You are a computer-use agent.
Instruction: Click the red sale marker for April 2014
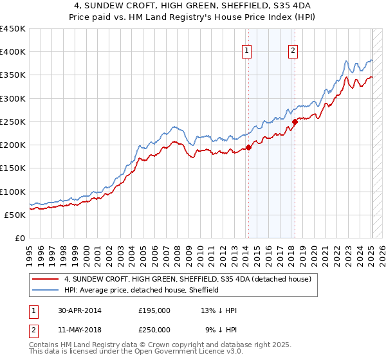(248, 147)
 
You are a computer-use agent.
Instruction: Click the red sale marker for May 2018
(295, 122)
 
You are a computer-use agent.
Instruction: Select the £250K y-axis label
(12, 122)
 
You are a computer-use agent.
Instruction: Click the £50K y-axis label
(15, 215)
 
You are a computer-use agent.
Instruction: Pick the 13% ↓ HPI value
(219, 310)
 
